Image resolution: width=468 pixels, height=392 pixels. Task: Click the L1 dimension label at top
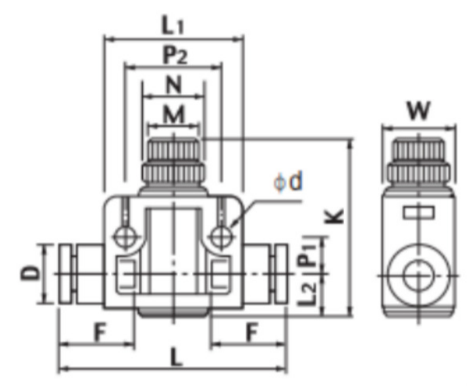[x=174, y=26]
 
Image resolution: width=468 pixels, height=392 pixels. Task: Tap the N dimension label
[x=173, y=86]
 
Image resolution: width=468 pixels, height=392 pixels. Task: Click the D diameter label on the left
[x=28, y=274]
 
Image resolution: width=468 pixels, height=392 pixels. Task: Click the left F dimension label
[x=99, y=333]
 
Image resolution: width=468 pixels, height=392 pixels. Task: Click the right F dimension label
[x=251, y=333]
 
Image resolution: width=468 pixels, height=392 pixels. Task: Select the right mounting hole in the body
[x=221, y=236]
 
